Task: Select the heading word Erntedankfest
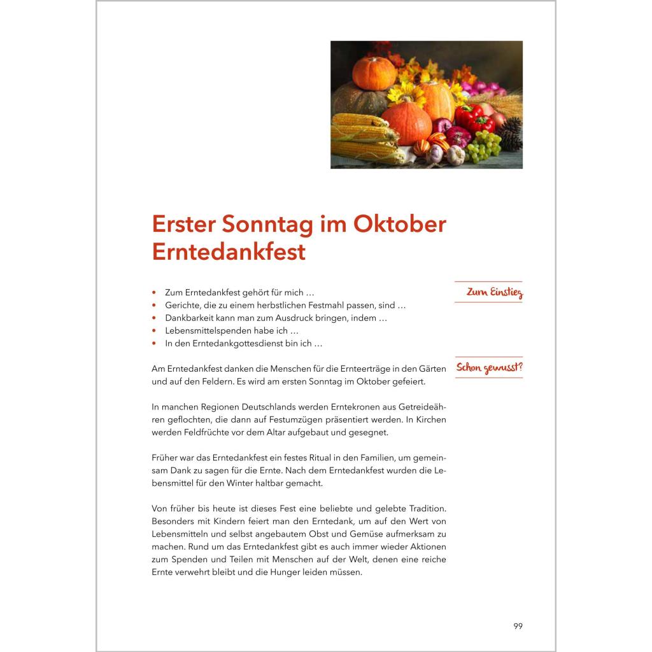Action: point(229,252)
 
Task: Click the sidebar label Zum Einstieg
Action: point(494,292)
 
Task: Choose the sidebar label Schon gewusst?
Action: point(488,368)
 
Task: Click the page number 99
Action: point(518,626)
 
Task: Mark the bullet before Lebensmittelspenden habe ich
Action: point(154,331)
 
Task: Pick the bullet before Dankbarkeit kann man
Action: point(154,318)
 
